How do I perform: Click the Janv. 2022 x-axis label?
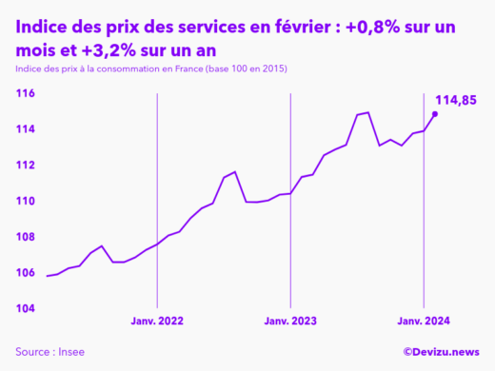(x=157, y=322)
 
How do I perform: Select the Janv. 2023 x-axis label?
(x=290, y=322)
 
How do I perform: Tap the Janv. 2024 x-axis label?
(x=423, y=322)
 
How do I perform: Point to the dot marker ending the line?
(x=435, y=114)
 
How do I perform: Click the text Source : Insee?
(x=49, y=352)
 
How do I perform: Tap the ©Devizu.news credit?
(x=441, y=352)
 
